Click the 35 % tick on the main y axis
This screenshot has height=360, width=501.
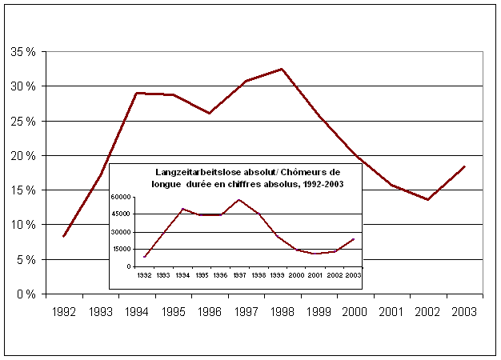tap(22, 52)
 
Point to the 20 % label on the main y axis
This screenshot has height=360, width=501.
tap(22, 156)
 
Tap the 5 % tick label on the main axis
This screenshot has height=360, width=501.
tap(25, 260)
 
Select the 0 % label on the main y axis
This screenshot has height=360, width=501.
tap(25, 294)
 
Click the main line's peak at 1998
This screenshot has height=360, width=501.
tap(283, 69)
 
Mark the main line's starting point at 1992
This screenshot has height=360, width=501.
tap(63, 237)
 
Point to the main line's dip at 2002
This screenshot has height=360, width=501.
tap(428, 199)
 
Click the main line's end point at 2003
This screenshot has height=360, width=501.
tap(465, 166)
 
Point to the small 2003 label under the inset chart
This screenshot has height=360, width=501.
tap(351, 274)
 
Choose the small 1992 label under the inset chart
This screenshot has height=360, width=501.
tap(144, 274)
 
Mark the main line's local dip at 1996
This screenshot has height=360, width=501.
tap(209, 113)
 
